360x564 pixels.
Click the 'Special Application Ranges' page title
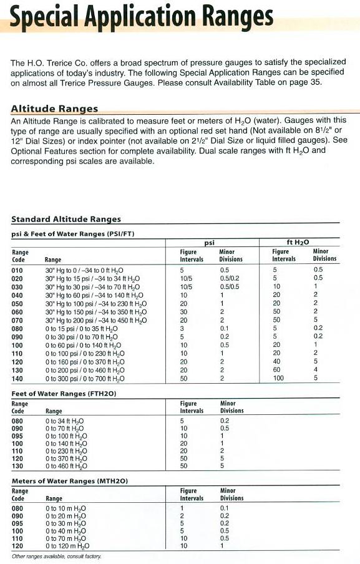click(142, 19)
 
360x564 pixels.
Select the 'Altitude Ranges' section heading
click(54, 109)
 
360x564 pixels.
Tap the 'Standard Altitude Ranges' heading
click(66, 219)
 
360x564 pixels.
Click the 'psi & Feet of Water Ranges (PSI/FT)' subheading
click(73, 233)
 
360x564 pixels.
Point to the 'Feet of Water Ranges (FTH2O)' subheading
click(65, 394)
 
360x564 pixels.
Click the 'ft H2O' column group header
click(298, 241)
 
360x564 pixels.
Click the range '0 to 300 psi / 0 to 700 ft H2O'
click(85, 379)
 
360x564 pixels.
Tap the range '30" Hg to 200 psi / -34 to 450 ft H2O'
click(96, 320)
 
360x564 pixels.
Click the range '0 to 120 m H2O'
click(66, 546)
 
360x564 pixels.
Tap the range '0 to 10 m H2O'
click(64, 508)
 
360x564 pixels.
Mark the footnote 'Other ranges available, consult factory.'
click(56, 556)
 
